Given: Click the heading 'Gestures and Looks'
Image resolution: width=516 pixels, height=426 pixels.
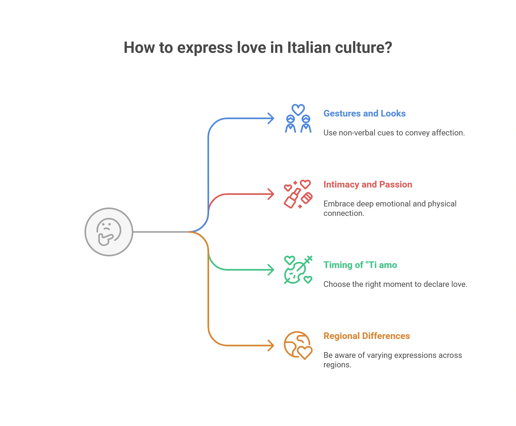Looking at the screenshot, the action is pyautogui.click(x=364, y=113).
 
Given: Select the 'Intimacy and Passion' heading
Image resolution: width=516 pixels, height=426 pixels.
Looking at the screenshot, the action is pyautogui.click(x=368, y=184).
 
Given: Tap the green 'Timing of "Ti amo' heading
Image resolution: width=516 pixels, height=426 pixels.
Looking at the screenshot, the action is pyautogui.click(x=360, y=265).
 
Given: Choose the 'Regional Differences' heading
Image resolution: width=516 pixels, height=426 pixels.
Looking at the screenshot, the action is pyautogui.click(x=367, y=336).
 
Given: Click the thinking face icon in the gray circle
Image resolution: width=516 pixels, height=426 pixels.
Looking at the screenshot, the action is pyautogui.click(x=109, y=232).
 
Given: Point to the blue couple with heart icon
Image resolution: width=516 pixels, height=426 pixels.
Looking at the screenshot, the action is pyautogui.click(x=298, y=118).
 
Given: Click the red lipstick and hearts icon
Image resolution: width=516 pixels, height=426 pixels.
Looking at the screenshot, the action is pyautogui.click(x=298, y=194).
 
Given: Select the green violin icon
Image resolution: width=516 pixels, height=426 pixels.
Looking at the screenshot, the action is pyautogui.click(x=298, y=270).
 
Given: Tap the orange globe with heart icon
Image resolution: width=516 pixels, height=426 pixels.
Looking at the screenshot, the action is pyautogui.click(x=298, y=346).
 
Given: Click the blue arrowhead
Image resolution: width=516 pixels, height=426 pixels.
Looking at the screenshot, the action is pyautogui.click(x=271, y=118).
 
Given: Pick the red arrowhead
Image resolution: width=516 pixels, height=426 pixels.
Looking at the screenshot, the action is pyautogui.click(x=271, y=194).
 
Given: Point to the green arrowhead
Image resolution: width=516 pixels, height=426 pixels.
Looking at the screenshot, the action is pyautogui.click(x=271, y=270).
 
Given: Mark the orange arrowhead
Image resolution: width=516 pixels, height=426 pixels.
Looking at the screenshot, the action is pyautogui.click(x=271, y=346).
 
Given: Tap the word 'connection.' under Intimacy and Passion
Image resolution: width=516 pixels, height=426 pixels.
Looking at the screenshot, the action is pyautogui.click(x=344, y=213).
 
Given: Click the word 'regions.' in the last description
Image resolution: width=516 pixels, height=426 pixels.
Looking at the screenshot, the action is pyautogui.click(x=337, y=365).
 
